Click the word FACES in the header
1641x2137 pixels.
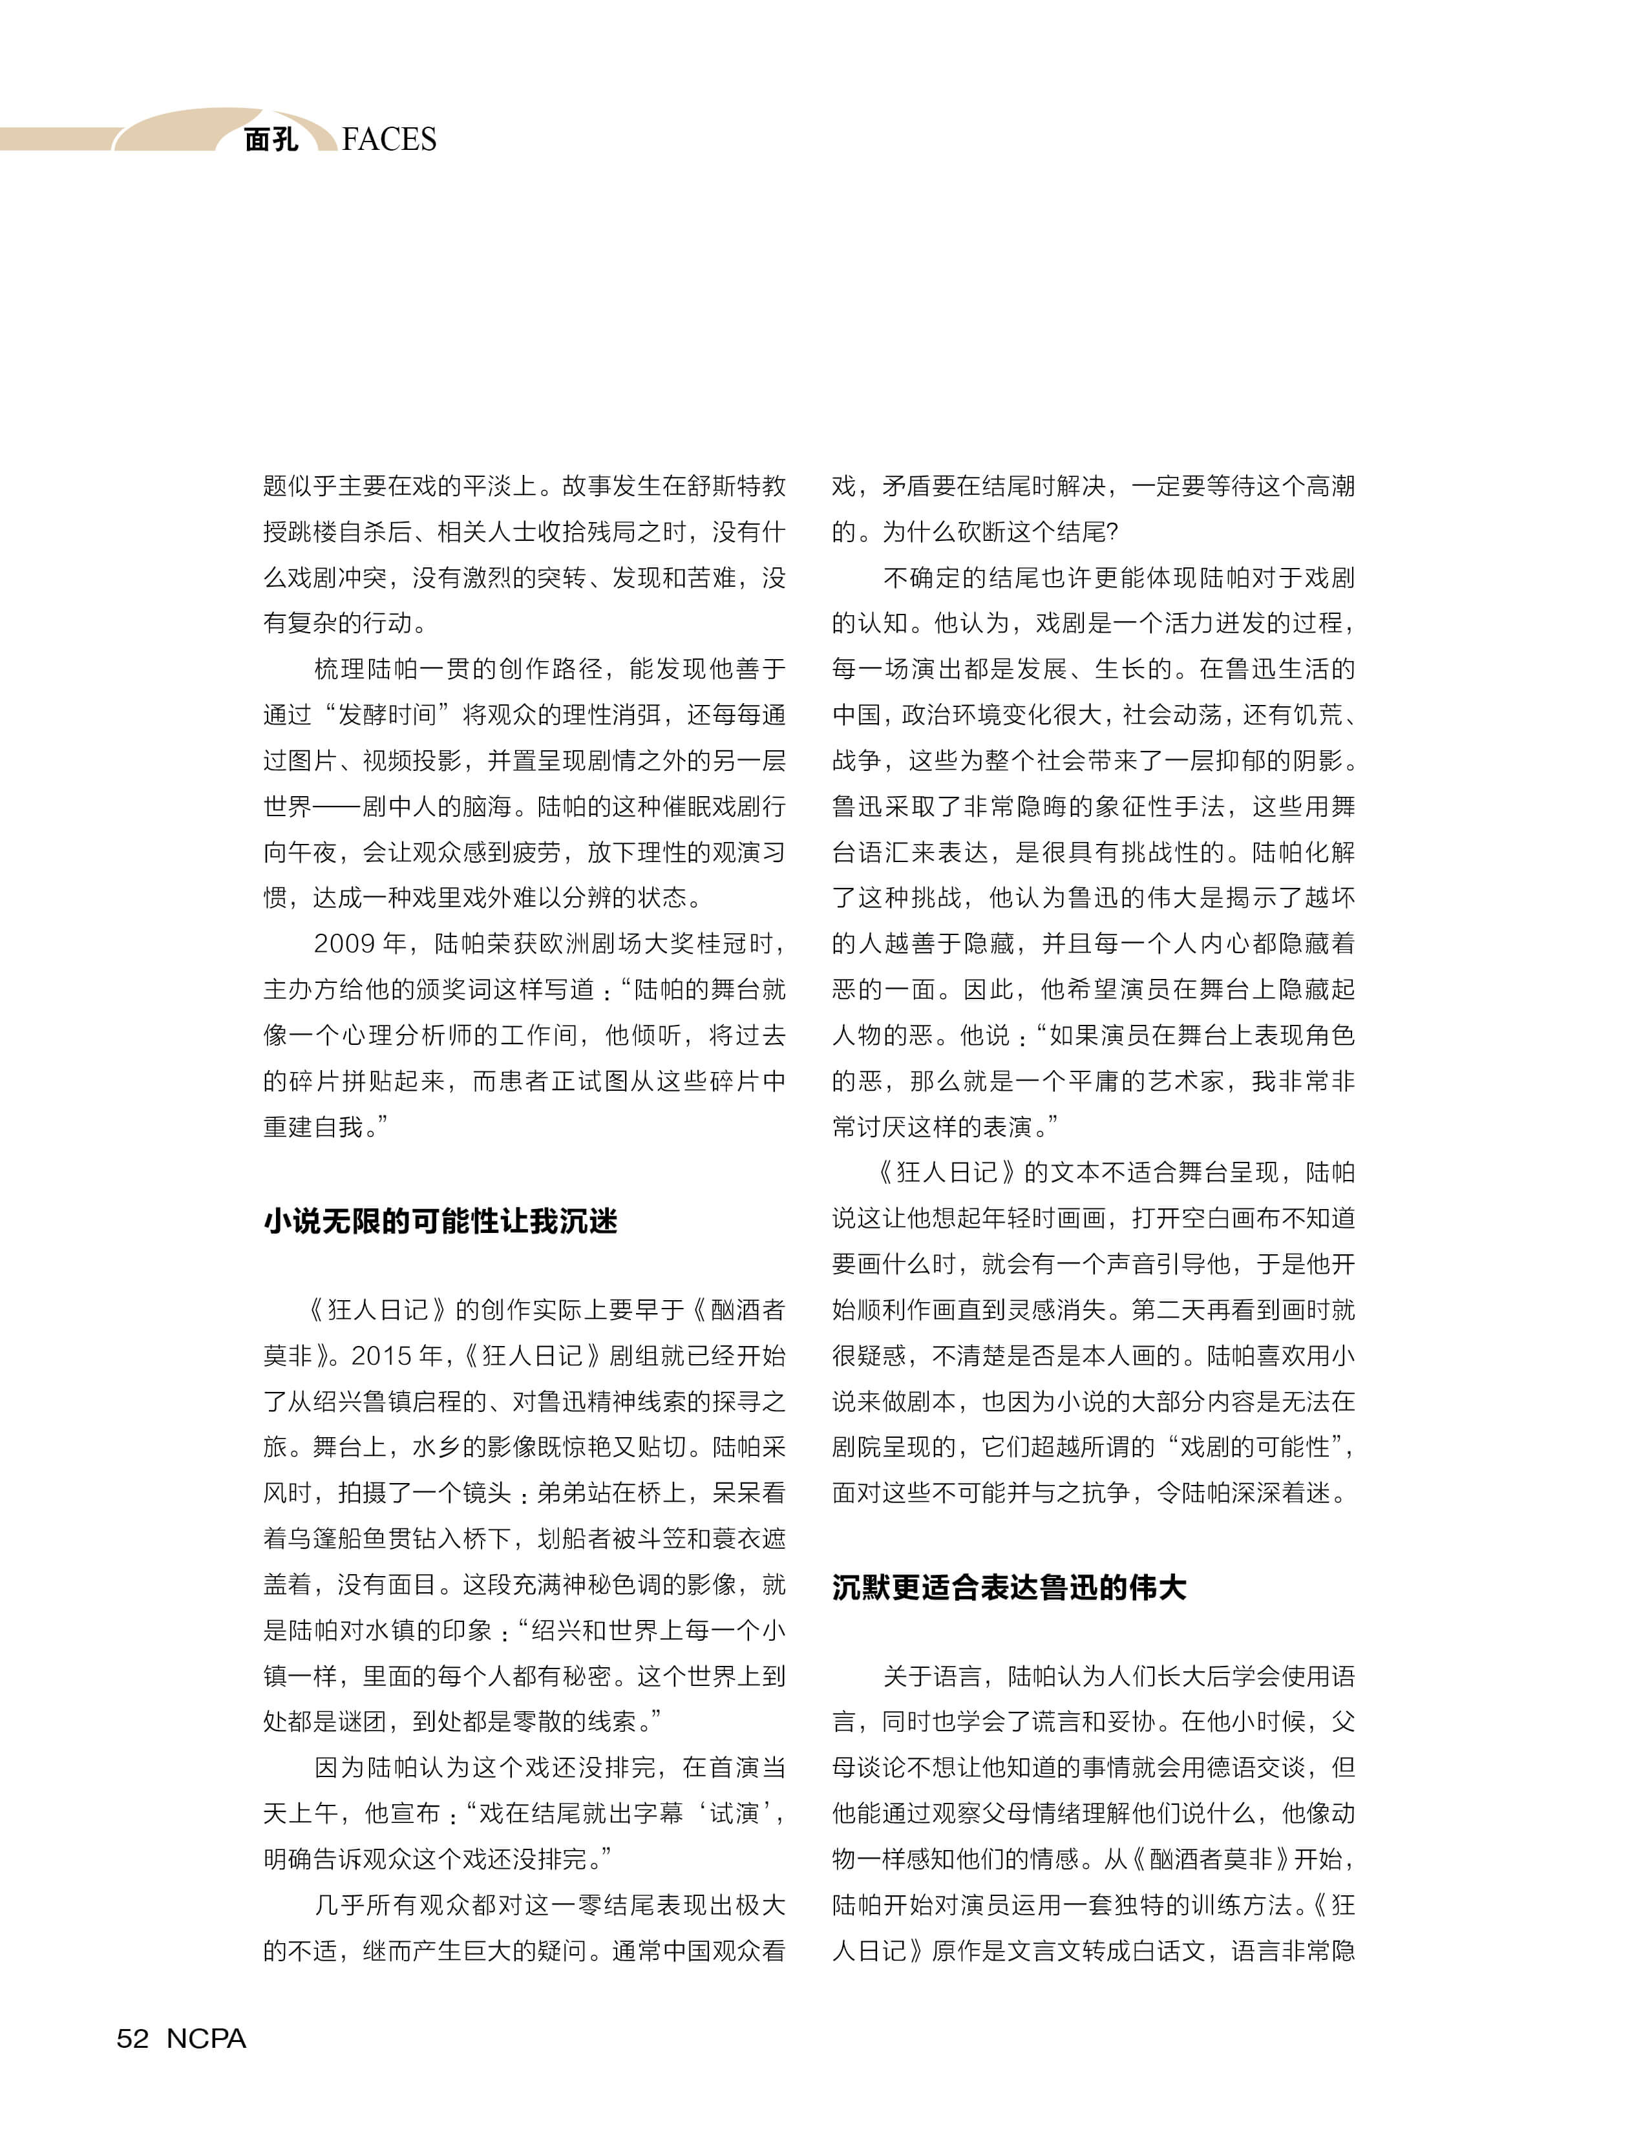[389, 140]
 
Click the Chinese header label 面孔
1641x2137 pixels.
[271, 140]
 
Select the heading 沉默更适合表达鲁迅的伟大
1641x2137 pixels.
[1009, 1587]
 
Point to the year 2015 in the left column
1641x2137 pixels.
[383, 1356]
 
